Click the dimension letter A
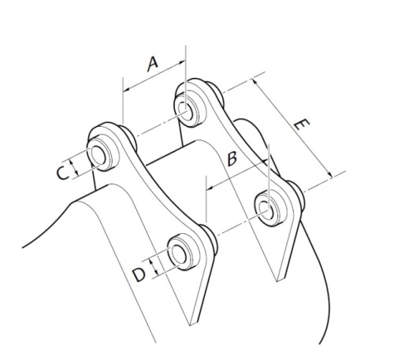tap(153, 65)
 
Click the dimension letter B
tap(232, 158)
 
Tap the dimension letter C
tap(62, 173)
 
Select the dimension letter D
tap(139, 275)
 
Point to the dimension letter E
tap(302, 124)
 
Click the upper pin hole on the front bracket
tap(98, 156)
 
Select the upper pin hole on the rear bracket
tap(185, 111)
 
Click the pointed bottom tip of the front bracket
tap(190, 325)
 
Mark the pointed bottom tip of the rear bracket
tap(277, 281)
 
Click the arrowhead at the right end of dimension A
tap(182, 62)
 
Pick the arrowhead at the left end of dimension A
tap(126, 90)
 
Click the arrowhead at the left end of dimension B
tap(210, 187)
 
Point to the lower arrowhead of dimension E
tap(330, 175)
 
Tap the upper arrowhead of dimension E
tap(255, 81)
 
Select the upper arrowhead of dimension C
tap(72, 163)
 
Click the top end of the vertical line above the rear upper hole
tap(186, 45)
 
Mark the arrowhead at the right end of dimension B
tap(265, 161)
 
